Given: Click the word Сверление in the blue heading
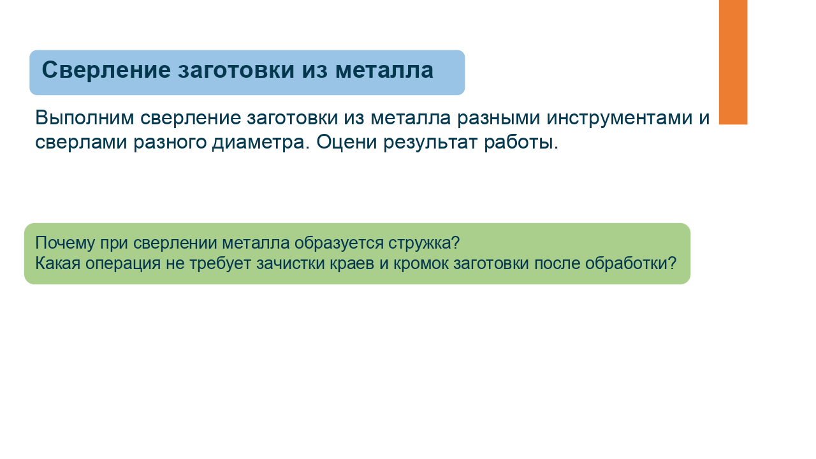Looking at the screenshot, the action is [106, 70].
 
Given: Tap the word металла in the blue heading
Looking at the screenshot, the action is [384, 70].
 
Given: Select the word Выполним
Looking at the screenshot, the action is [85, 118].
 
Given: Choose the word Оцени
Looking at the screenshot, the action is [346, 142].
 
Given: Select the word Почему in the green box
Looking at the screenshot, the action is [65, 244].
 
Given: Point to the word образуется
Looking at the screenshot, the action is [339, 244].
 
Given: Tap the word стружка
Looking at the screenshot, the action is [419, 244].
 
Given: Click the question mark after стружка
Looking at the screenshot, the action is [455, 242].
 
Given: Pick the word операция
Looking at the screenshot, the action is [123, 264].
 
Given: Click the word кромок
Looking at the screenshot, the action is [421, 264].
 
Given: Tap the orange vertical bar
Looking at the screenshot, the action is [733, 62].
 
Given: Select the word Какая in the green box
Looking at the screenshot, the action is [57, 263].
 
